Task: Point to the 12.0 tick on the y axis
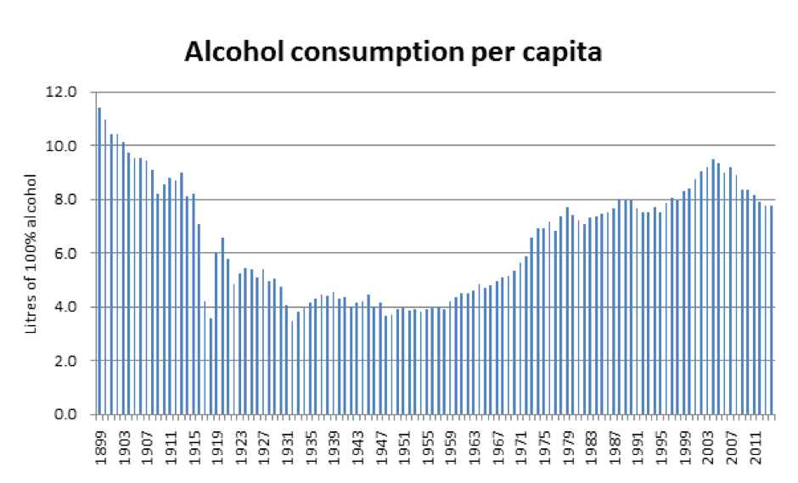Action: point(66,92)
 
